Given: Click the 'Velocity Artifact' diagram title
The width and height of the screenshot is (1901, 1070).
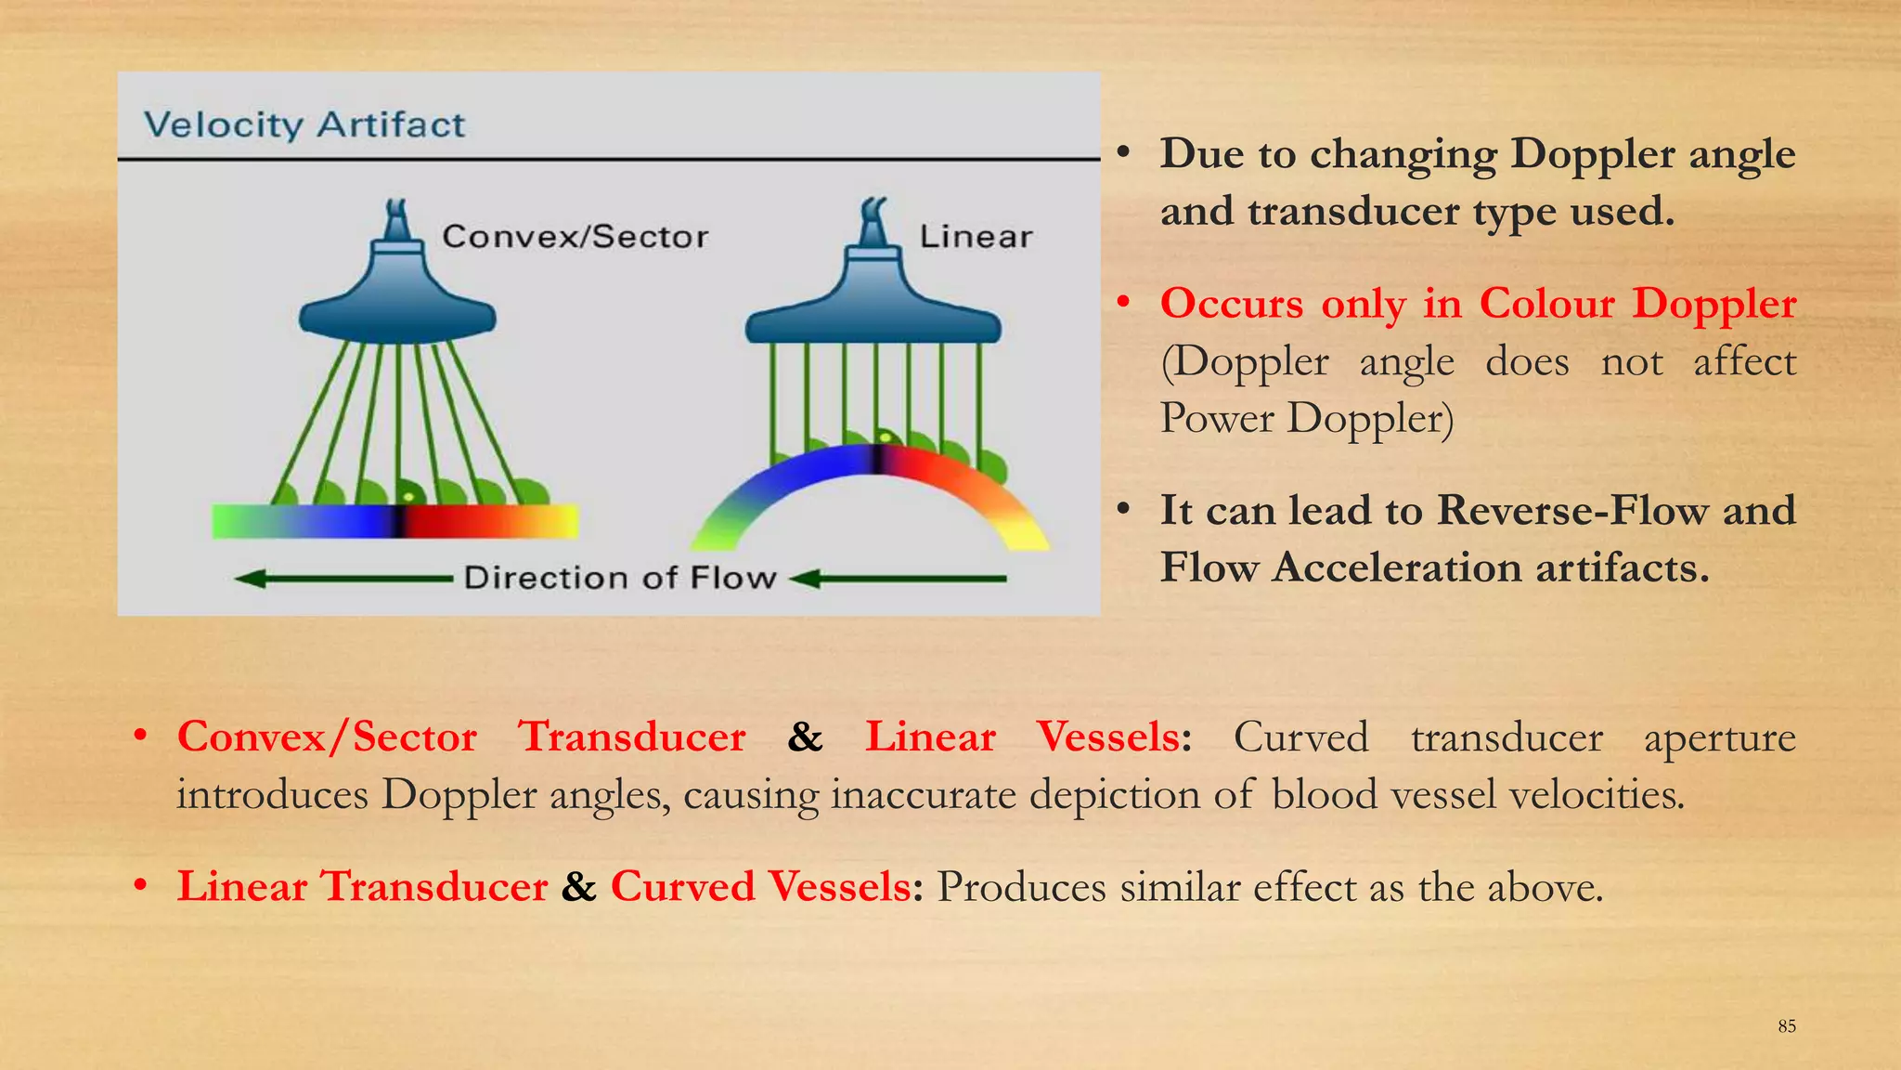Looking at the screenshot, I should [304, 124].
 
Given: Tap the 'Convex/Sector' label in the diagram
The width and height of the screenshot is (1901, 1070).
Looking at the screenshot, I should [575, 237].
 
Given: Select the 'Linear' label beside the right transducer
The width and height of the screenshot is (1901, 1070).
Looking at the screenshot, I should [976, 237].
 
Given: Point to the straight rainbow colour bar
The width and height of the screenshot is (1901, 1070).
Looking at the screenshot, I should [394, 521].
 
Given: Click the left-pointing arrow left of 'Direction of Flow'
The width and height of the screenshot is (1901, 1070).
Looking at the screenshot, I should [343, 579].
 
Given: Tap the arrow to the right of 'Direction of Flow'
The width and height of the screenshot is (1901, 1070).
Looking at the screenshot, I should [898, 579].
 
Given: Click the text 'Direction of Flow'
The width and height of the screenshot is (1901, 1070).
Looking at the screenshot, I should [619, 578].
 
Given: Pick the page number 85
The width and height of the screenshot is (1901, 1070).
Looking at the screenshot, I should [1787, 1026].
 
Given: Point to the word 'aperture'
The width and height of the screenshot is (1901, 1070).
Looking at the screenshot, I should [1719, 738].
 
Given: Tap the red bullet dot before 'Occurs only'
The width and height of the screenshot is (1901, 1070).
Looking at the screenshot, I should [1123, 303].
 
